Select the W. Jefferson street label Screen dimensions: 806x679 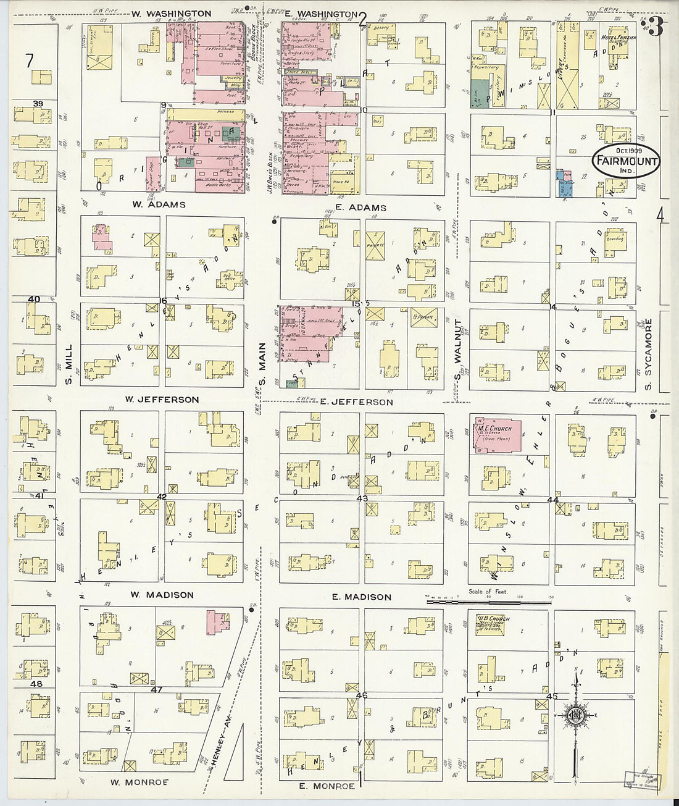tap(162, 400)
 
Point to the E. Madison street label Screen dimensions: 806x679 tap(361, 597)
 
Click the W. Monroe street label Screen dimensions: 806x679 tap(139, 782)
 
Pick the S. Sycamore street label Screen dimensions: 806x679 tap(648, 355)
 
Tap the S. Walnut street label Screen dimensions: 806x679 tap(458, 351)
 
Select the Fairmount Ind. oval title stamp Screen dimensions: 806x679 tap(626, 161)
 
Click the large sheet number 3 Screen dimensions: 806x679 tap(656, 27)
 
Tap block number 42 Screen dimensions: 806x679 tap(162, 497)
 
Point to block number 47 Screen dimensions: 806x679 tap(157, 689)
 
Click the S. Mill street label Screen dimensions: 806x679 tap(69, 364)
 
